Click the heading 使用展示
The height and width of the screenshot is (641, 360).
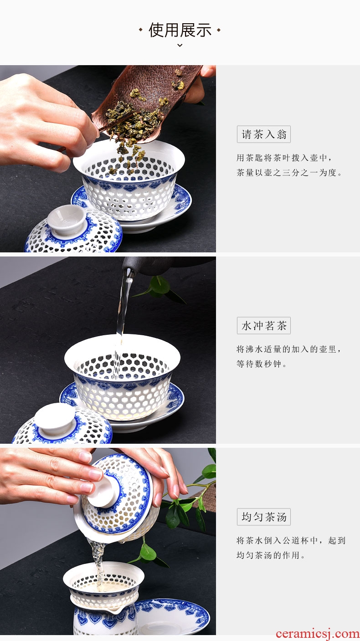coord(180,30)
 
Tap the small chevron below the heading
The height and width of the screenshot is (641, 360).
coord(180,45)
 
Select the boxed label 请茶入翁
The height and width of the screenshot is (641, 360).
coord(263,134)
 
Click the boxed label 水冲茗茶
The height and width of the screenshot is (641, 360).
coord(263,326)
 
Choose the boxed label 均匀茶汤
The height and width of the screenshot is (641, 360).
coord(263,517)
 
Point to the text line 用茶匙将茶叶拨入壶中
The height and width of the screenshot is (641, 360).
coord(284,158)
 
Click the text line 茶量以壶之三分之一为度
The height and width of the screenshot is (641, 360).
coord(289,173)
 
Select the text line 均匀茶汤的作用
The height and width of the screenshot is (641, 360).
coord(270,555)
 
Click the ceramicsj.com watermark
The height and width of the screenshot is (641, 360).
coord(317,634)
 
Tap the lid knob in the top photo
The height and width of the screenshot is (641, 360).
coord(67,220)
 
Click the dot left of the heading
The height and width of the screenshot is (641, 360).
coord(140,30)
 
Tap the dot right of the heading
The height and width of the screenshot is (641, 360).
coord(218,30)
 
